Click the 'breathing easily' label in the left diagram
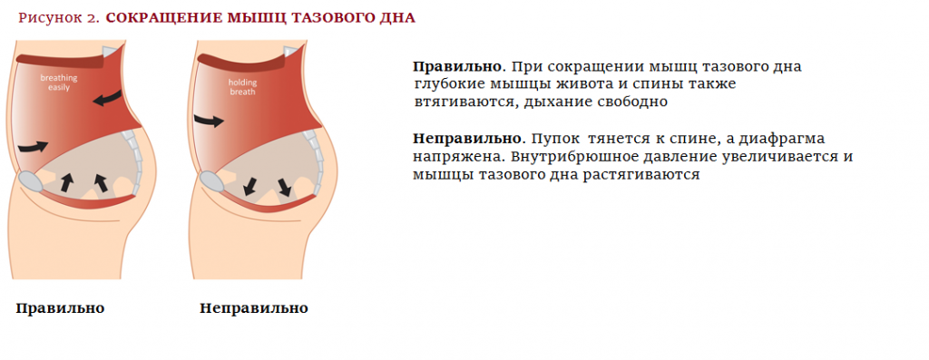pyautogui.click(x=59, y=83)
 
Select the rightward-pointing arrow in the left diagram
pyautogui.click(x=35, y=144)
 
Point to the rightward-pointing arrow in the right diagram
pyautogui.click(x=209, y=120)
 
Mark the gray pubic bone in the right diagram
pyautogui.click(x=210, y=180)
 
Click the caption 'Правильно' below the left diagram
pyautogui.click(x=60, y=308)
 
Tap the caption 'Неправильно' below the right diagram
pyautogui.click(x=253, y=308)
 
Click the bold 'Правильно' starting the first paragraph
pyautogui.click(x=457, y=67)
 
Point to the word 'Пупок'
pyautogui.click(x=555, y=139)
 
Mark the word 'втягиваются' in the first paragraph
pyautogui.click(x=464, y=102)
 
